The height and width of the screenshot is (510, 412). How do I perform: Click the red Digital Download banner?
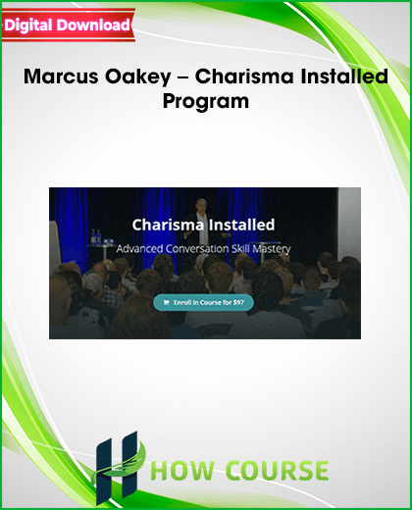(x=69, y=25)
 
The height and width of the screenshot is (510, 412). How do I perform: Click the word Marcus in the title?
(x=61, y=76)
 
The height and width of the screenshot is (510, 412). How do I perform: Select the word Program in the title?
(x=206, y=102)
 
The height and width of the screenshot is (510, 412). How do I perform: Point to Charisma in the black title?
(x=240, y=76)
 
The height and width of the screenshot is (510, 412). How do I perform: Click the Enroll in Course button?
(x=203, y=302)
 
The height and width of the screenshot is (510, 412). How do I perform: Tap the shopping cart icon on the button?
(x=166, y=303)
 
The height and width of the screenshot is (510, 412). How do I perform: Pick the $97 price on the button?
(x=238, y=302)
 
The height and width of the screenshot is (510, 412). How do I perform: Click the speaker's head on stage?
(x=201, y=206)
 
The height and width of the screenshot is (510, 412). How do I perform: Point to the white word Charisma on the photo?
(x=168, y=225)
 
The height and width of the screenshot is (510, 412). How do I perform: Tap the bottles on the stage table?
(x=96, y=236)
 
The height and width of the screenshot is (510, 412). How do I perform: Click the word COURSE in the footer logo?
(x=277, y=471)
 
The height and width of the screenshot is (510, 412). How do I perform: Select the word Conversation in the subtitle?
(x=197, y=249)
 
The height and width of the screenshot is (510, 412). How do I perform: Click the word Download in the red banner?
(x=94, y=25)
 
